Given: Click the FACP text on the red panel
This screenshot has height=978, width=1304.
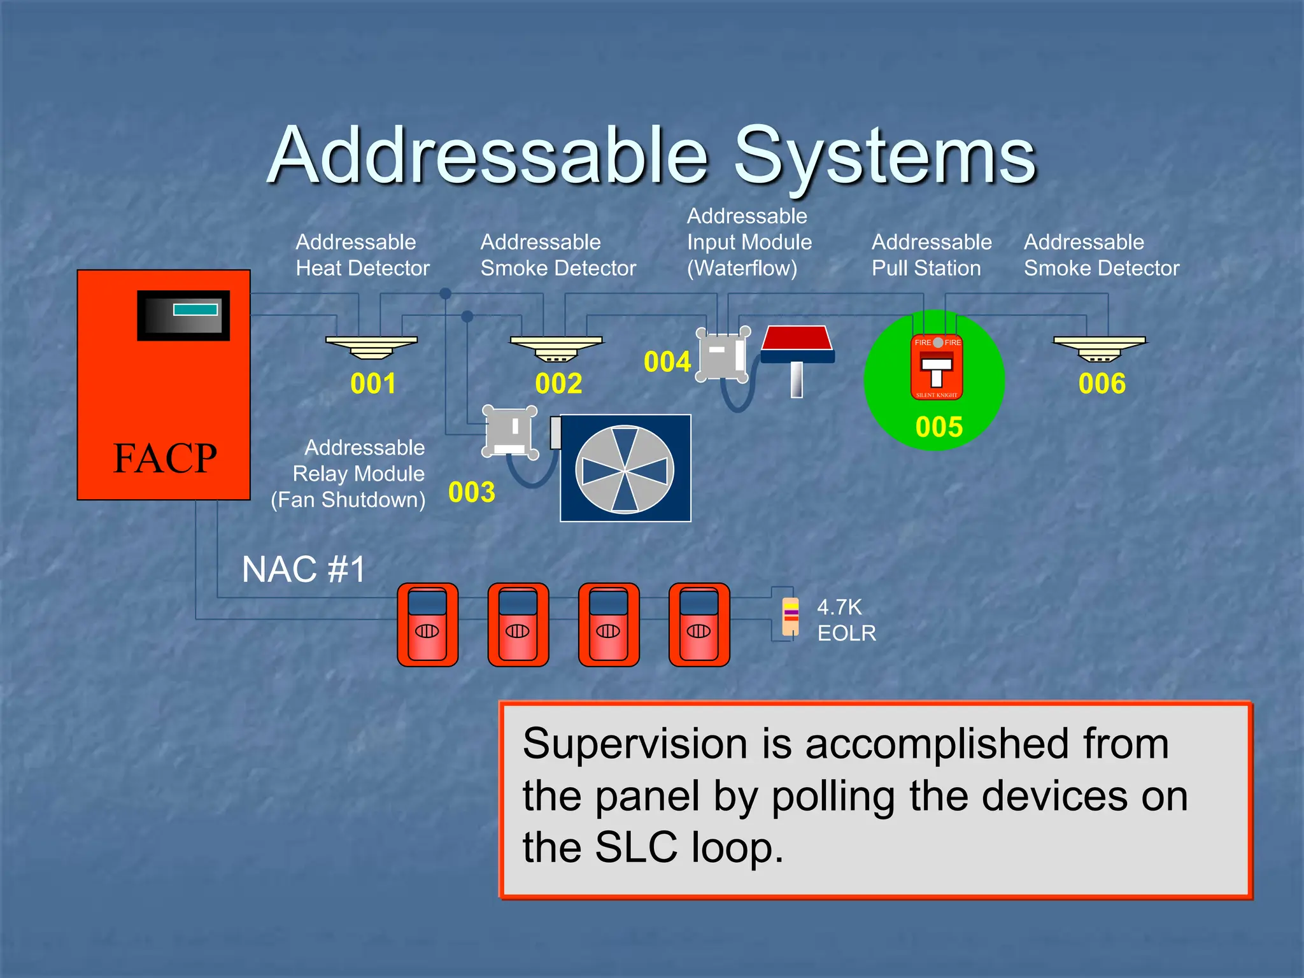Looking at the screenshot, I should click(164, 458).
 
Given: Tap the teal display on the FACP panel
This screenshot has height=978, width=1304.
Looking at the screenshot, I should click(195, 310).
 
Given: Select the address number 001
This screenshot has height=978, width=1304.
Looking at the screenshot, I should click(373, 383).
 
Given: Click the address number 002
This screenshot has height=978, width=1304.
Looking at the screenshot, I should click(558, 383).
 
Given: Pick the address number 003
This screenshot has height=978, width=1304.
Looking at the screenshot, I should click(471, 492).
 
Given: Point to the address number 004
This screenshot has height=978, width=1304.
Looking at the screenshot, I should click(667, 362).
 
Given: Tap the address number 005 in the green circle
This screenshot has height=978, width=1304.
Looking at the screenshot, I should click(939, 427).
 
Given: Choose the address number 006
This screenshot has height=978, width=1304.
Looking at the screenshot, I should click(1102, 383).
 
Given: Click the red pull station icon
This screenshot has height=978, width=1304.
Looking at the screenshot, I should click(937, 367).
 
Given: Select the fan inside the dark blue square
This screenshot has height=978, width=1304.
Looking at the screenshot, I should click(625, 469).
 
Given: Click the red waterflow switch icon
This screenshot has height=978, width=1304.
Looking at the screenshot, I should click(797, 347).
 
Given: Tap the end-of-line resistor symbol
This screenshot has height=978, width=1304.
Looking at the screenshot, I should click(790, 616).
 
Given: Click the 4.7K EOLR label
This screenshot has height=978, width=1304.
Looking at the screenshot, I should click(846, 620).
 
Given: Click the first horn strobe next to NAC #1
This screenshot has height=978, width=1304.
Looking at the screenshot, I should click(427, 625).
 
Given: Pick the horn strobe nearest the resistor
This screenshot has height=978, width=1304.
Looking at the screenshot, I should click(698, 625).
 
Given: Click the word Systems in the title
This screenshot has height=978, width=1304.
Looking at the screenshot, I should click(885, 156).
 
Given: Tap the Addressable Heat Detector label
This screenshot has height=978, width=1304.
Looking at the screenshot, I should click(362, 255).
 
